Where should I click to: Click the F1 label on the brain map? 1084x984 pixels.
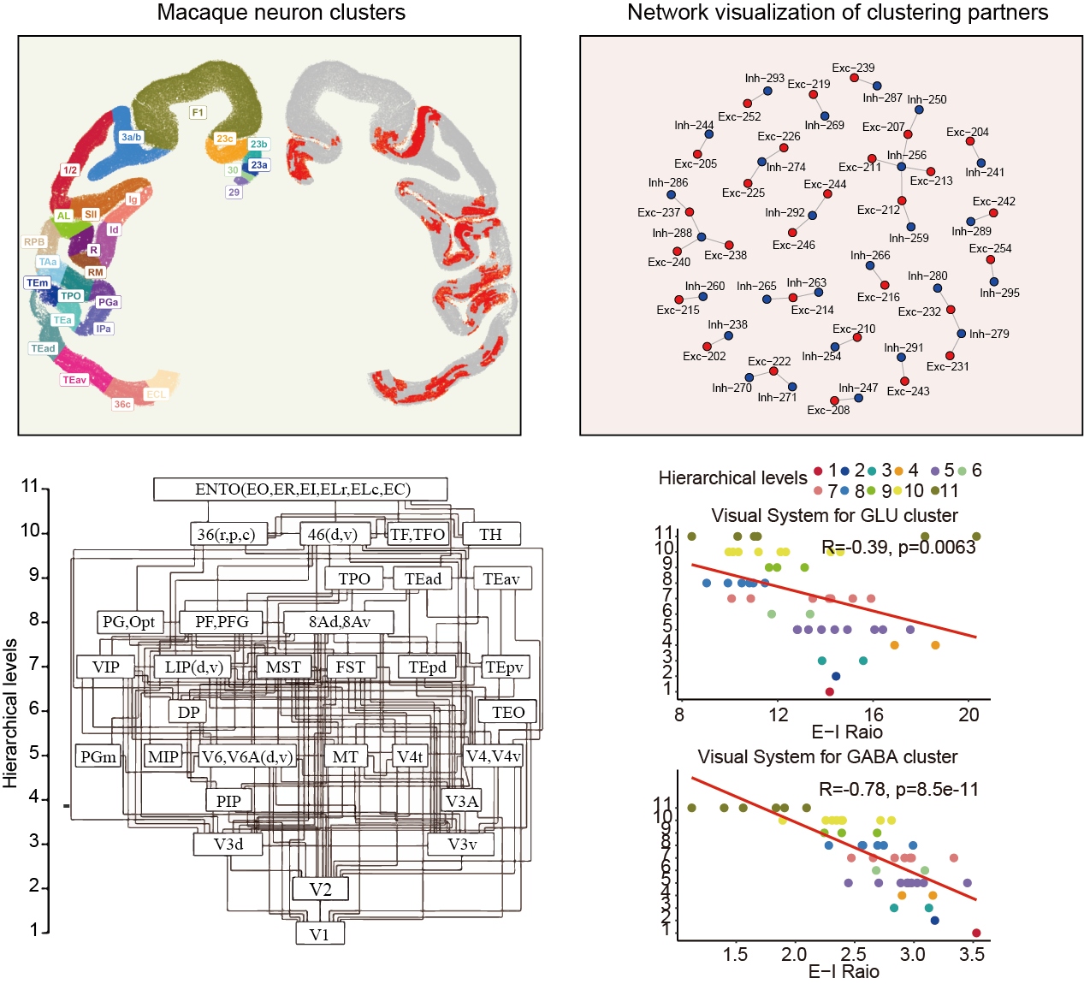(198, 112)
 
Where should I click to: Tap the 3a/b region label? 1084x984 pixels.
(131, 137)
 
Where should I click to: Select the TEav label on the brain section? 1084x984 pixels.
(74, 380)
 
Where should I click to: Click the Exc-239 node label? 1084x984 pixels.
(853, 68)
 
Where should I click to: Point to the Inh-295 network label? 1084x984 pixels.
(999, 293)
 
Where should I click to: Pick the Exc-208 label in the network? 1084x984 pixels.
(828, 410)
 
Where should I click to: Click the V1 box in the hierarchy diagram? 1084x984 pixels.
(319, 934)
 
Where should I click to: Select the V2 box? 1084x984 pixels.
(320, 889)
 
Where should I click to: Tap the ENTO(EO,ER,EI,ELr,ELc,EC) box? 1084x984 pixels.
(301, 489)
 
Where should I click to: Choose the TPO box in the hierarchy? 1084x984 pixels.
(354, 578)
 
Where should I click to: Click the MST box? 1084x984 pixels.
(283, 667)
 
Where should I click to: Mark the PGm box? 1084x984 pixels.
(98, 756)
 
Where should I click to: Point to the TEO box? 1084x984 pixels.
(508, 712)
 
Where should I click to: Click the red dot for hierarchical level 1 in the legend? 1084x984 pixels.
(818, 471)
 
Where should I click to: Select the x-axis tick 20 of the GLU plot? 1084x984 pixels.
(968, 715)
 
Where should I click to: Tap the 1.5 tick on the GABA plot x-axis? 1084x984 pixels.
(735, 955)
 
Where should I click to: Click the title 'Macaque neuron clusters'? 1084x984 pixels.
(281, 13)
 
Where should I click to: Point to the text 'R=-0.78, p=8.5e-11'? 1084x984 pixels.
(898, 789)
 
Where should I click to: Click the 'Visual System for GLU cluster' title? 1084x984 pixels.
(834, 515)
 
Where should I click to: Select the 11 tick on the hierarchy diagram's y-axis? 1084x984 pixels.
(31, 487)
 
